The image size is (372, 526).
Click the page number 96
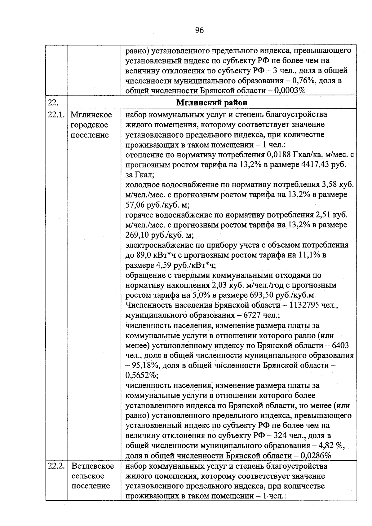click(199, 30)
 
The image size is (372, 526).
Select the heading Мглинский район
click(212, 103)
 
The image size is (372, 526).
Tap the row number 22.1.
click(56, 115)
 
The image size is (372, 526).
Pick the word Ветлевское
click(92, 466)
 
